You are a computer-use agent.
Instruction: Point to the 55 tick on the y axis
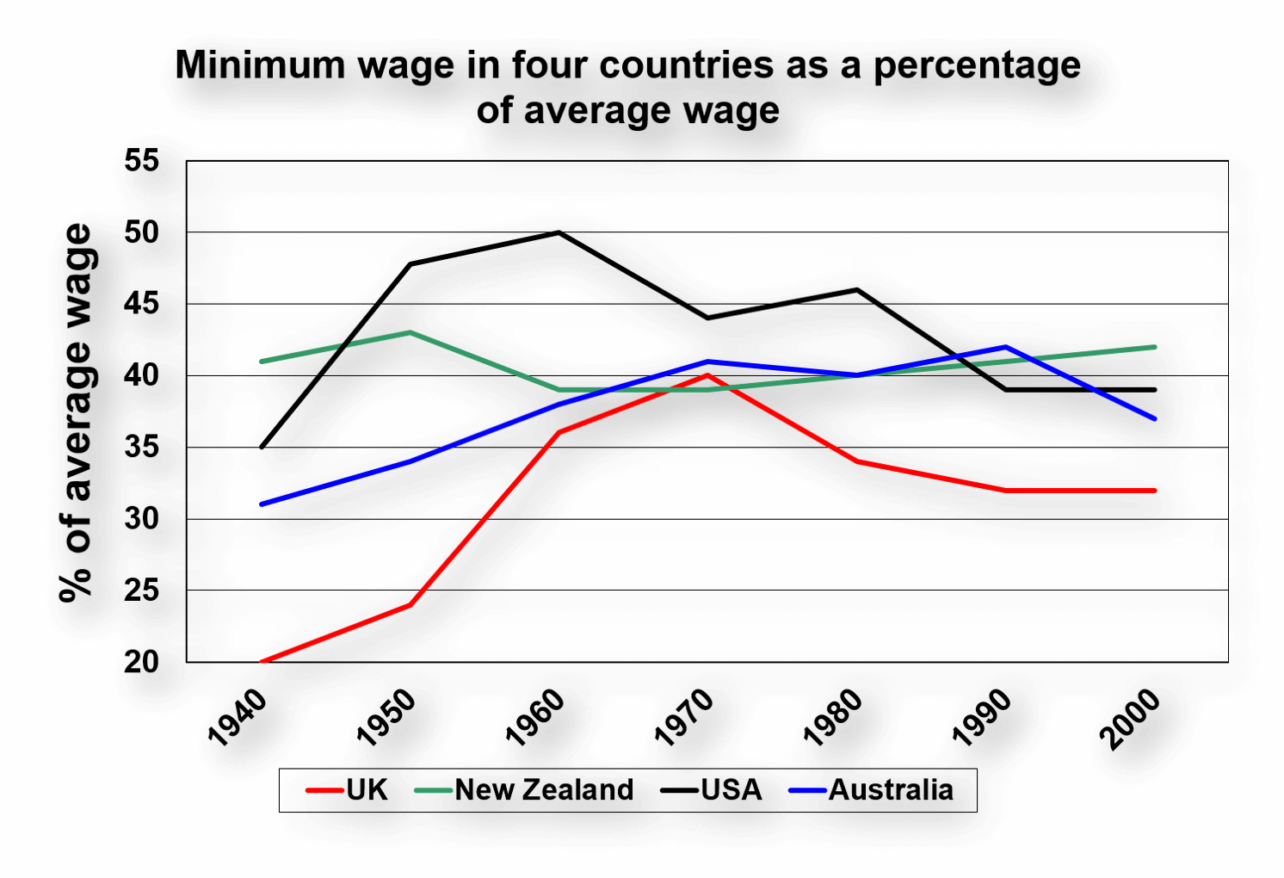[141, 160]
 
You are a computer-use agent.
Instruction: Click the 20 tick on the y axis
[141, 662]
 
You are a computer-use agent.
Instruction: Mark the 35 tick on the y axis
[141, 447]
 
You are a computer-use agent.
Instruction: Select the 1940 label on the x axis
[238, 718]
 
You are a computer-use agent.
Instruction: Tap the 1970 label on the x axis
[685, 718]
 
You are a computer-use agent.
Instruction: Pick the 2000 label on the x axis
[1131, 718]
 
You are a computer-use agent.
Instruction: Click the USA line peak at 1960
[559, 232]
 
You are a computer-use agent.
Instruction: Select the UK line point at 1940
[262, 661]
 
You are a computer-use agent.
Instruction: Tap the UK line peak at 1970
[708, 375]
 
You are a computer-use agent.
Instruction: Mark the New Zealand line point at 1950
[411, 332]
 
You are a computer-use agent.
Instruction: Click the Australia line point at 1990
[1006, 347]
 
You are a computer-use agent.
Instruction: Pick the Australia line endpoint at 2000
[1155, 418]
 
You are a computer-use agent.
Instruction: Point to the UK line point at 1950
[411, 604]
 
